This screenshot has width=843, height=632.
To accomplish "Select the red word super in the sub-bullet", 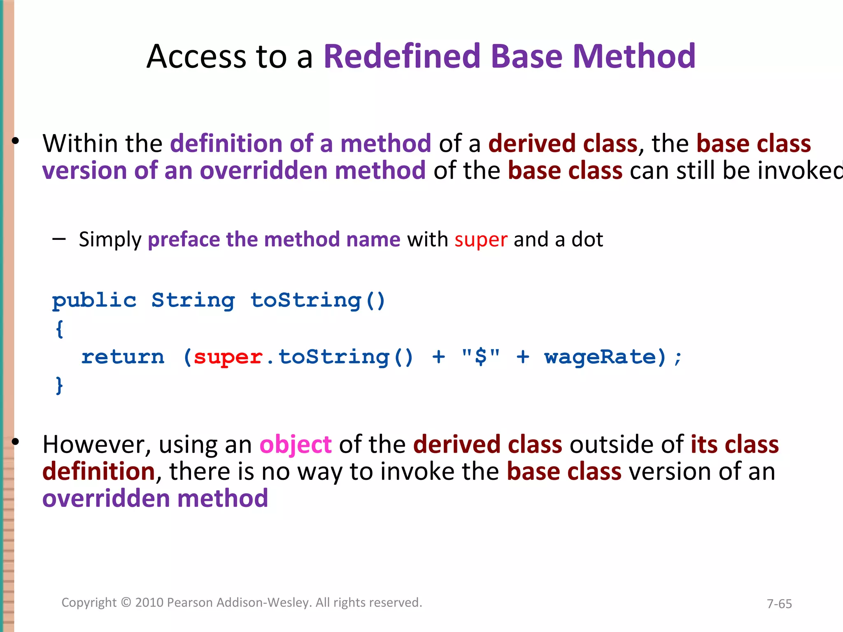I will pos(481,240).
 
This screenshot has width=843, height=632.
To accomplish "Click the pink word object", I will pos(295,445).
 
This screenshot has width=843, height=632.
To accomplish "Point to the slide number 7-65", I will pos(779,604).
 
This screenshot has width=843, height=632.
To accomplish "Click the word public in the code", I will pos(94,300).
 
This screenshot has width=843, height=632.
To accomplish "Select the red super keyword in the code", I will pos(228,357).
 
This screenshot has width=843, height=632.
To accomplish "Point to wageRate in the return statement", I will pos(600,357).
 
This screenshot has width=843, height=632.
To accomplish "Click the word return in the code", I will pos(123,357).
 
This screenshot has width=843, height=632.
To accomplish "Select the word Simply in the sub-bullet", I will pos(110,240).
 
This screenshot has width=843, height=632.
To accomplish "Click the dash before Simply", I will pos(59,239).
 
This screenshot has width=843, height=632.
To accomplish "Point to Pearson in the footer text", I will pos(190,602).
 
